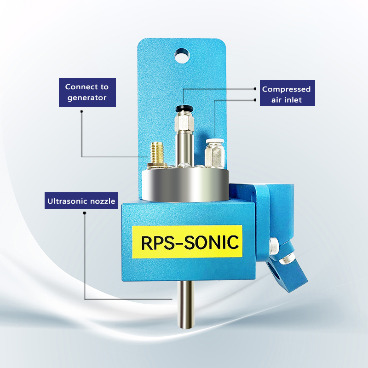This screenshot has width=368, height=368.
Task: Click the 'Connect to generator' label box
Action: (x=87, y=92)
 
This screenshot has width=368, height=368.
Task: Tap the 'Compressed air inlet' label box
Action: (x=287, y=93)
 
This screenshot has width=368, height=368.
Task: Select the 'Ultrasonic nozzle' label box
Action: (x=81, y=201)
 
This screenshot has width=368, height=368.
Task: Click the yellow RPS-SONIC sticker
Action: (x=187, y=242)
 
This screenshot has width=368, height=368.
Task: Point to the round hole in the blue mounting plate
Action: (x=182, y=56)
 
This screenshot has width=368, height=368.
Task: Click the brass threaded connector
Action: (x=157, y=155)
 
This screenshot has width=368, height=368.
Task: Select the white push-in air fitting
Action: (x=214, y=154)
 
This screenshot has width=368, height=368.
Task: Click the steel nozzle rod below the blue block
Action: (x=186, y=304)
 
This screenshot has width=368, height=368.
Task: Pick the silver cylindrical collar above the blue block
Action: (x=185, y=185)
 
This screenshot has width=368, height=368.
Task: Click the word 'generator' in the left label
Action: (x=87, y=98)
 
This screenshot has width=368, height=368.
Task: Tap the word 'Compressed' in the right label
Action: (x=286, y=89)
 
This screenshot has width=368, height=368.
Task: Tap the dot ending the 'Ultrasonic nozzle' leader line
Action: (x=85, y=213)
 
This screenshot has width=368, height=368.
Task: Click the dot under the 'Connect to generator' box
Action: (x=81, y=111)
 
